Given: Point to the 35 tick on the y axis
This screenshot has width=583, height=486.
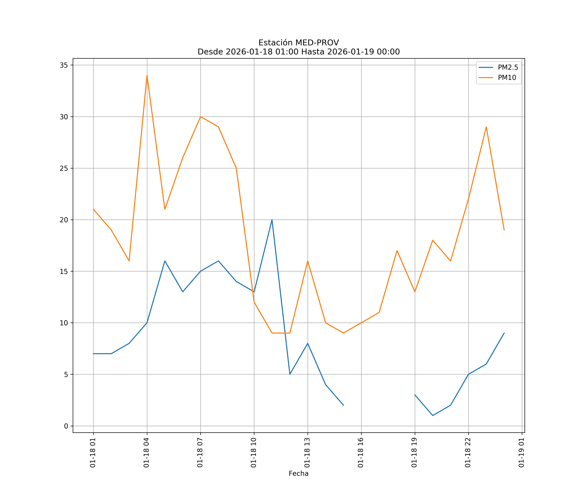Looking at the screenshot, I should click(x=64, y=65).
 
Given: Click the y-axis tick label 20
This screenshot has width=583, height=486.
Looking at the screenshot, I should click(x=64, y=220).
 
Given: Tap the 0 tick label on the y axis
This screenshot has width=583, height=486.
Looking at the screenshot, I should click(x=66, y=426).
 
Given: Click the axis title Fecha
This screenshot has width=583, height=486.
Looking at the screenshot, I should click(x=298, y=474).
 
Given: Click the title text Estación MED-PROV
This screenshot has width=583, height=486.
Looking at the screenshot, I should click(x=298, y=43).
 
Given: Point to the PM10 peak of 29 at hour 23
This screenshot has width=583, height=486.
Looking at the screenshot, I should click(x=486, y=127).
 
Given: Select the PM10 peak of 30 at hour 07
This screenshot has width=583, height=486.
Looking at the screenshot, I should click(x=200, y=117).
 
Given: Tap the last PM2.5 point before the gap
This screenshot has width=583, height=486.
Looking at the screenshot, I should click(x=343, y=405).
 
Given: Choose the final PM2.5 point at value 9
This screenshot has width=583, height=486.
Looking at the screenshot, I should click(x=504, y=333).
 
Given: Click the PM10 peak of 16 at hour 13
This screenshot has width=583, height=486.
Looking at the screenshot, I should click(x=308, y=261).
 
